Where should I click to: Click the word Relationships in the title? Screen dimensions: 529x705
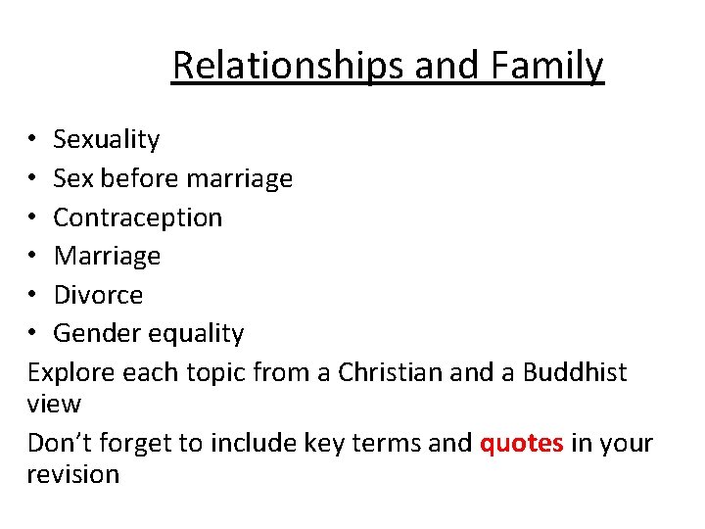click(x=289, y=66)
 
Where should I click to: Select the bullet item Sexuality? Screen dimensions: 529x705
click(x=106, y=140)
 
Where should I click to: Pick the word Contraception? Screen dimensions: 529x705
click(x=138, y=217)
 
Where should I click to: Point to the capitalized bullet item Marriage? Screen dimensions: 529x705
click(x=107, y=257)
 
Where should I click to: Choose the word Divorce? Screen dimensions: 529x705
click(x=98, y=295)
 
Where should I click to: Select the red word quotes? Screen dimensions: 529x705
click(x=521, y=443)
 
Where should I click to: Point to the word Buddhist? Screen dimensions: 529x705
click(x=575, y=373)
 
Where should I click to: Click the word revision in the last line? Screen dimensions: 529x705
click(x=73, y=475)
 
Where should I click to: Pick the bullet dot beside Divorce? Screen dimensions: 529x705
click(x=33, y=295)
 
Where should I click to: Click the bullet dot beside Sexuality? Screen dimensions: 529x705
click(x=33, y=140)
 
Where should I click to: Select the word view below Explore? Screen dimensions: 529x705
click(x=54, y=404)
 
